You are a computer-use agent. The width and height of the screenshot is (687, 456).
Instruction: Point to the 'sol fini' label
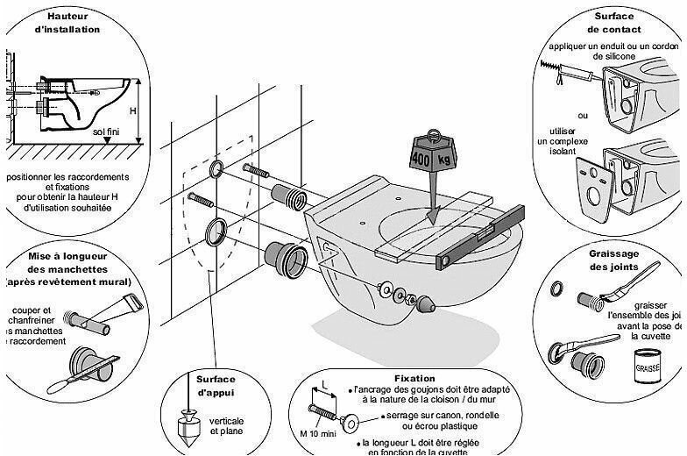108,131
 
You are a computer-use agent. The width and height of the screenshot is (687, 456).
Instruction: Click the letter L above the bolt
324,386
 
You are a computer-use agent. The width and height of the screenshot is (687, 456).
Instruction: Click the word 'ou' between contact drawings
583,116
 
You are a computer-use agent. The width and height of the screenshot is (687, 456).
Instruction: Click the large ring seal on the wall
215,232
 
